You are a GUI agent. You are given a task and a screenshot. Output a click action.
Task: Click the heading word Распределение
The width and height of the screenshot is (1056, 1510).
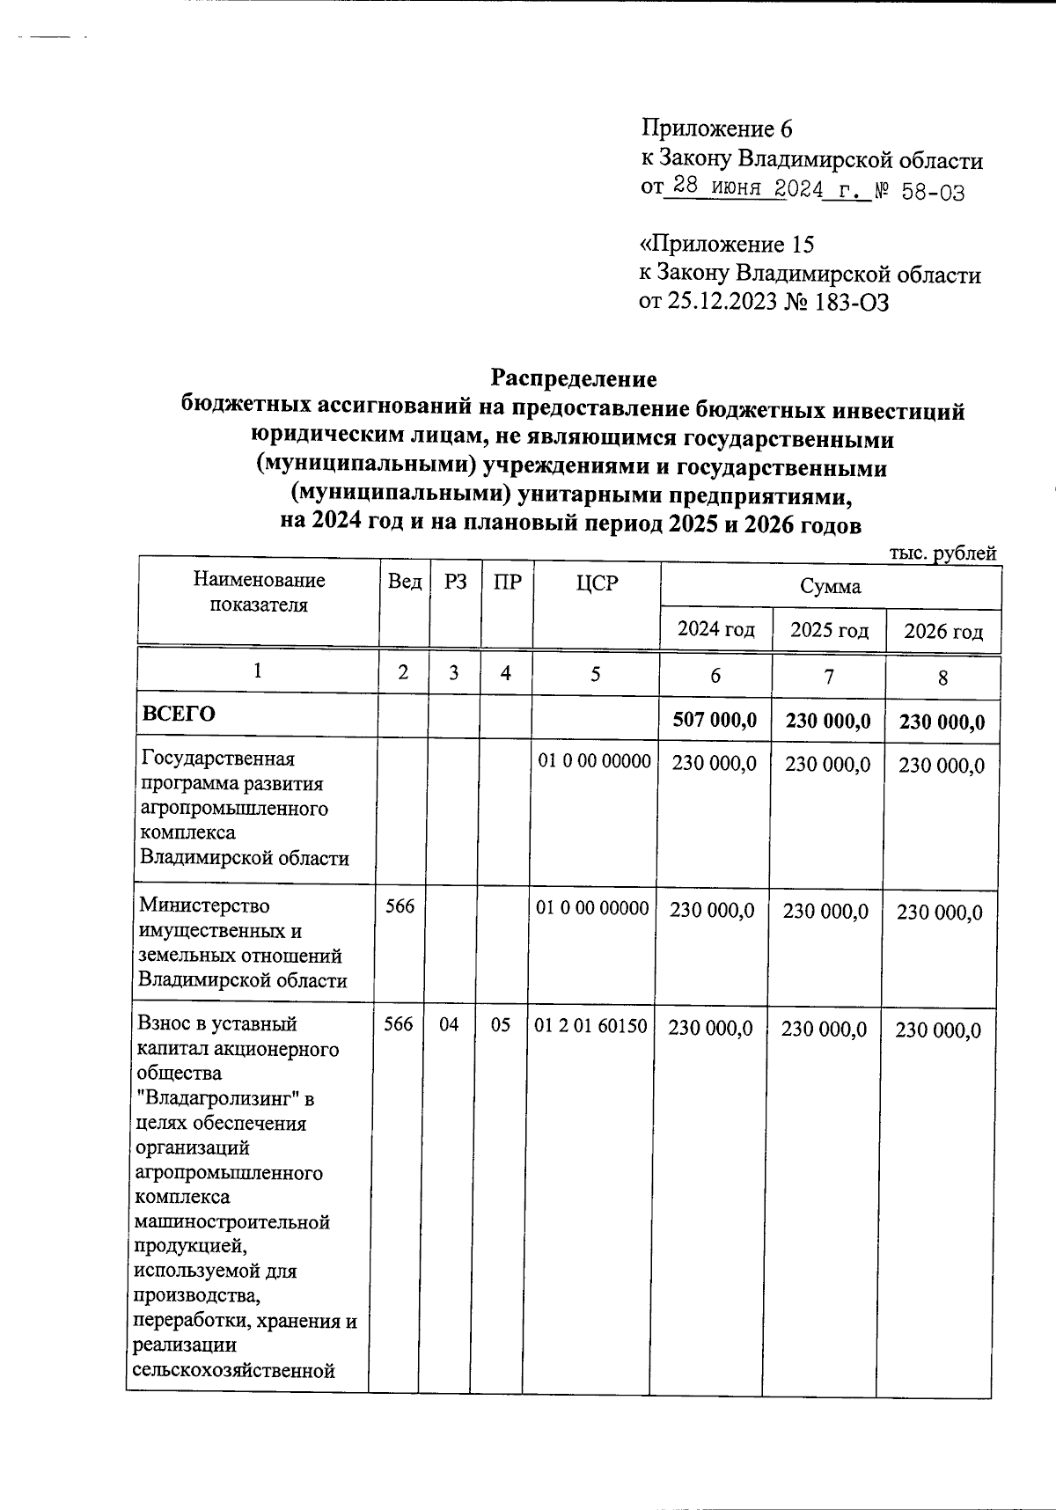pyautogui.click(x=573, y=379)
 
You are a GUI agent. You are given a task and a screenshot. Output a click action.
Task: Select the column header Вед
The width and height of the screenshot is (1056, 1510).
pyautogui.click(x=404, y=583)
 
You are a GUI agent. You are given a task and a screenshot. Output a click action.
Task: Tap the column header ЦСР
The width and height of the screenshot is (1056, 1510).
pyautogui.click(x=597, y=583)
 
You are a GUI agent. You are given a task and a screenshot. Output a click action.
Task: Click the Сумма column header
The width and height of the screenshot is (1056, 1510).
pyautogui.click(x=830, y=586)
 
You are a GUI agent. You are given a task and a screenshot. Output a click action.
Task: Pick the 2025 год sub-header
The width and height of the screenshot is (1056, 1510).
pyautogui.click(x=829, y=630)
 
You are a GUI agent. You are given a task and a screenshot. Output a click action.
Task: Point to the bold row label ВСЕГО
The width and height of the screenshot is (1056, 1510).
pyautogui.click(x=179, y=714)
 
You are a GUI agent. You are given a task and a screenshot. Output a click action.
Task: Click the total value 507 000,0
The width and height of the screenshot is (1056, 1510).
pyautogui.click(x=714, y=721)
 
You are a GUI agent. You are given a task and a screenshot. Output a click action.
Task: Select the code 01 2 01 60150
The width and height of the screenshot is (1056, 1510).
pyautogui.click(x=591, y=1027)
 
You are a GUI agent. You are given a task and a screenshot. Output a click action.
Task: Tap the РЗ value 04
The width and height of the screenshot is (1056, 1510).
pyautogui.click(x=449, y=1025)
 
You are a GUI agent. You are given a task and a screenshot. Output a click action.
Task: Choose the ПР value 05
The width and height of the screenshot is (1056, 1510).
pyautogui.click(x=500, y=1025)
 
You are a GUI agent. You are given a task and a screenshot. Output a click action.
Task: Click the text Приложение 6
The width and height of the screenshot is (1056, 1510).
pyautogui.click(x=716, y=129)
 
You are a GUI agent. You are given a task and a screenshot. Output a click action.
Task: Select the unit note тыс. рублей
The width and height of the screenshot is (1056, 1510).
pyautogui.click(x=942, y=553)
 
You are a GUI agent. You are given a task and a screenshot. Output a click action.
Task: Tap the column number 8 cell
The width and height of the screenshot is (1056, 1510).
pyautogui.click(x=942, y=678)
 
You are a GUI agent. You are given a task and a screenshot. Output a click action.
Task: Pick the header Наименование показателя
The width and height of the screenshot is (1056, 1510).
pyautogui.click(x=259, y=592)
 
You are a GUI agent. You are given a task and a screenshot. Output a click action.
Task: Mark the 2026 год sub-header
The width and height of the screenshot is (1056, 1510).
pyautogui.click(x=943, y=632)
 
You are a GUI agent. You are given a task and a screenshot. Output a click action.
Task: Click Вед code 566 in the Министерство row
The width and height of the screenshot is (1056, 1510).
pyautogui.click(x=400, y=906)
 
